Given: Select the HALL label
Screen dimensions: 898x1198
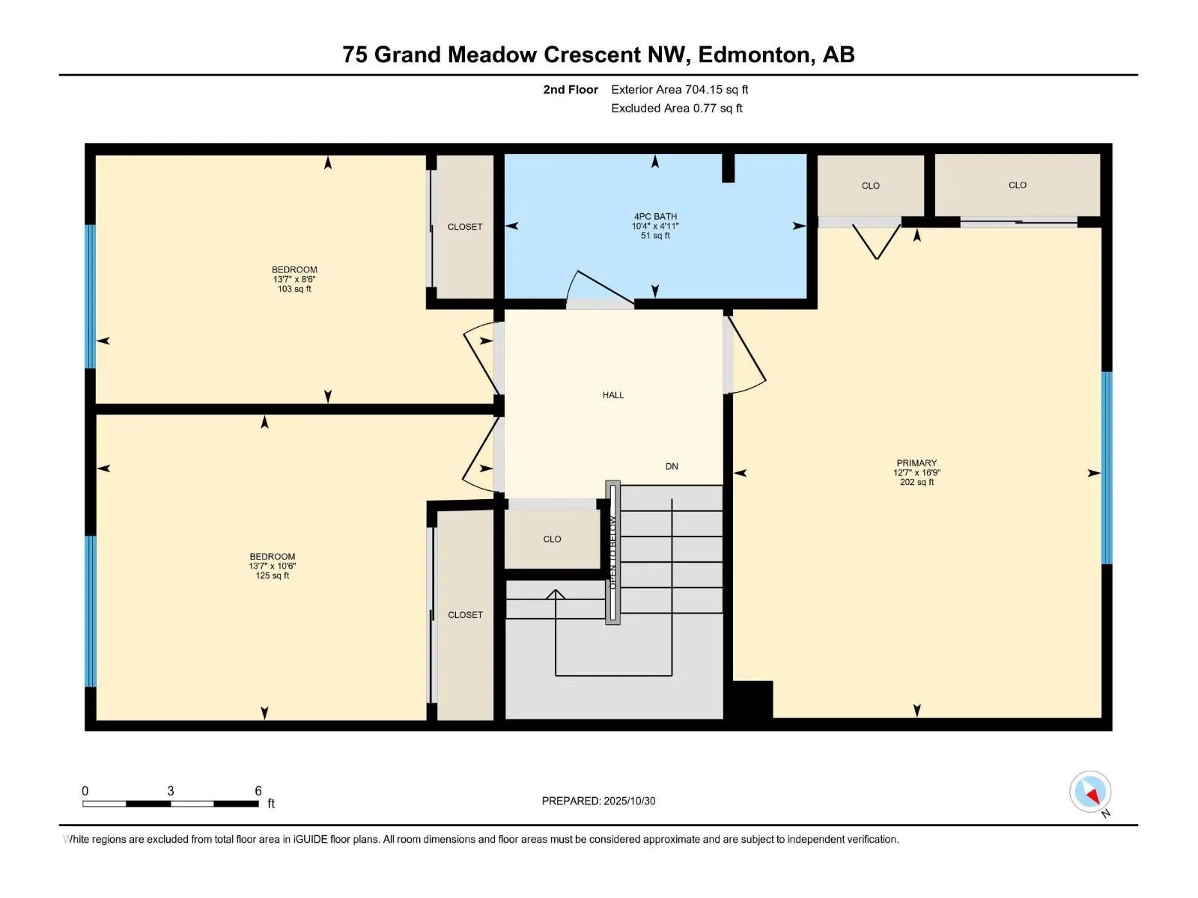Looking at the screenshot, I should pos(613,395).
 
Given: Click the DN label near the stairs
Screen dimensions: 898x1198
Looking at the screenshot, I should pos(672,466).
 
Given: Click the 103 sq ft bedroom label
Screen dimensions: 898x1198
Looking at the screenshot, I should pos(294,278).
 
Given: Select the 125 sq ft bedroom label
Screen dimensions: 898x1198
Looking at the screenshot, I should pos(272,566).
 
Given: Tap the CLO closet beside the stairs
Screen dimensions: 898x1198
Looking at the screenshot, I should pos(552,539).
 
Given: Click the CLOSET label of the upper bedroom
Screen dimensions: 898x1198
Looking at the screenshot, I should pos(465,227).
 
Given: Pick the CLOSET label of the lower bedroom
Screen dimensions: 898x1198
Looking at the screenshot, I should pos(465,615).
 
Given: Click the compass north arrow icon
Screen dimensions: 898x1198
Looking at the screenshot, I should pos(1091,792).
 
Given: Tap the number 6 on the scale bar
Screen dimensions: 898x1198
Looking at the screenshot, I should pos(258,791).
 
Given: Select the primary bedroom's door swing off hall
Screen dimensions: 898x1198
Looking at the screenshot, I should pos(747,355).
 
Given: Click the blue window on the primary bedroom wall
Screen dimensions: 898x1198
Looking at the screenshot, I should pos(1107,468).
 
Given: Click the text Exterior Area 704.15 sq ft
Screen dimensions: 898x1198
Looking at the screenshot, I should pos(679,90).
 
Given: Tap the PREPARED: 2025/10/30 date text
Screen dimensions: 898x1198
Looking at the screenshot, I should pos(598,801).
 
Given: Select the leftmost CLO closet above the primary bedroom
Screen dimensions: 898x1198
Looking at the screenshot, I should pos(870,186).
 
